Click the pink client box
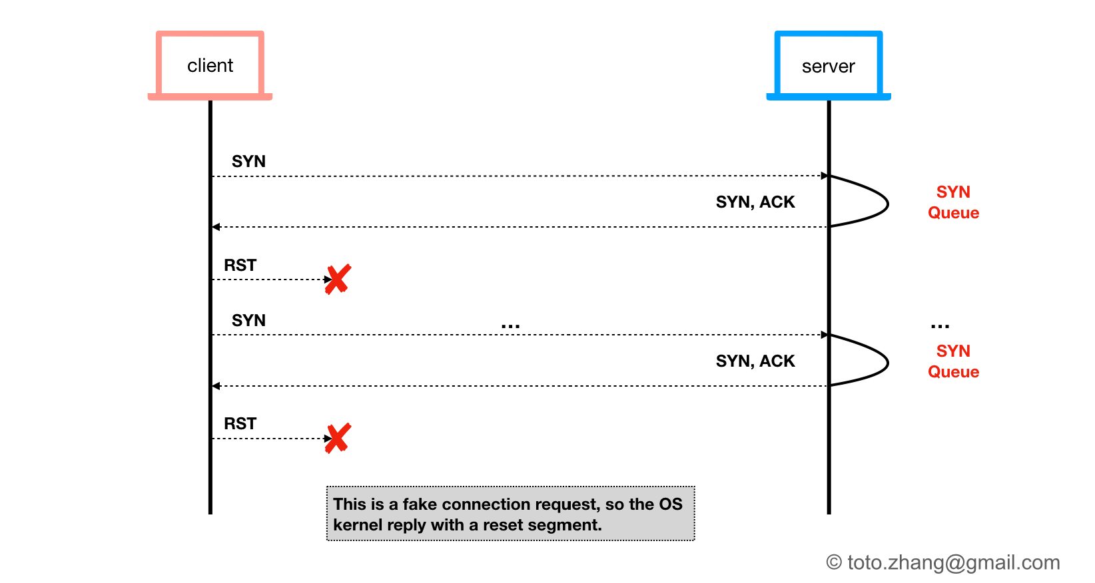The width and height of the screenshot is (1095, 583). click(x=210, y=65)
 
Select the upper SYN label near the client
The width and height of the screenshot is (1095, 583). click(x=248, y=162)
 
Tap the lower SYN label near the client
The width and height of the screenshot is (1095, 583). click(x=248, y=321)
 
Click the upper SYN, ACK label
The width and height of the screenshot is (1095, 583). click(x=755, y=202)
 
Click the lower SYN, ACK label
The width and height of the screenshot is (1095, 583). click(x=755, y=361)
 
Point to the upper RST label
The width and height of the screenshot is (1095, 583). click(x=240, y=266)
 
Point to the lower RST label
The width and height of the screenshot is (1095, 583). click(x=240, y=424)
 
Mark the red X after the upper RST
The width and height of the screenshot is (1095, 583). click(x=338, y=280)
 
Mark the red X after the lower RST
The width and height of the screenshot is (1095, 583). click(x=338, y=438)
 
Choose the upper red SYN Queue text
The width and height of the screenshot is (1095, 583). click(x=953, y=202)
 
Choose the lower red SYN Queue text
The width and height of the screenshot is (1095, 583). click(x=953, y=361)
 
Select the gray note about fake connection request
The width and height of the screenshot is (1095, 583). click(x=510, y=514)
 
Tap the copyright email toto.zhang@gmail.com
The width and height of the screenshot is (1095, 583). click(x=943, y=563)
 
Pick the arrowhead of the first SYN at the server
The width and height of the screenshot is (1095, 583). click(x=825, y=176)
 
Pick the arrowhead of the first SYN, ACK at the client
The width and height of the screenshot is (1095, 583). click(x=216, y=227)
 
